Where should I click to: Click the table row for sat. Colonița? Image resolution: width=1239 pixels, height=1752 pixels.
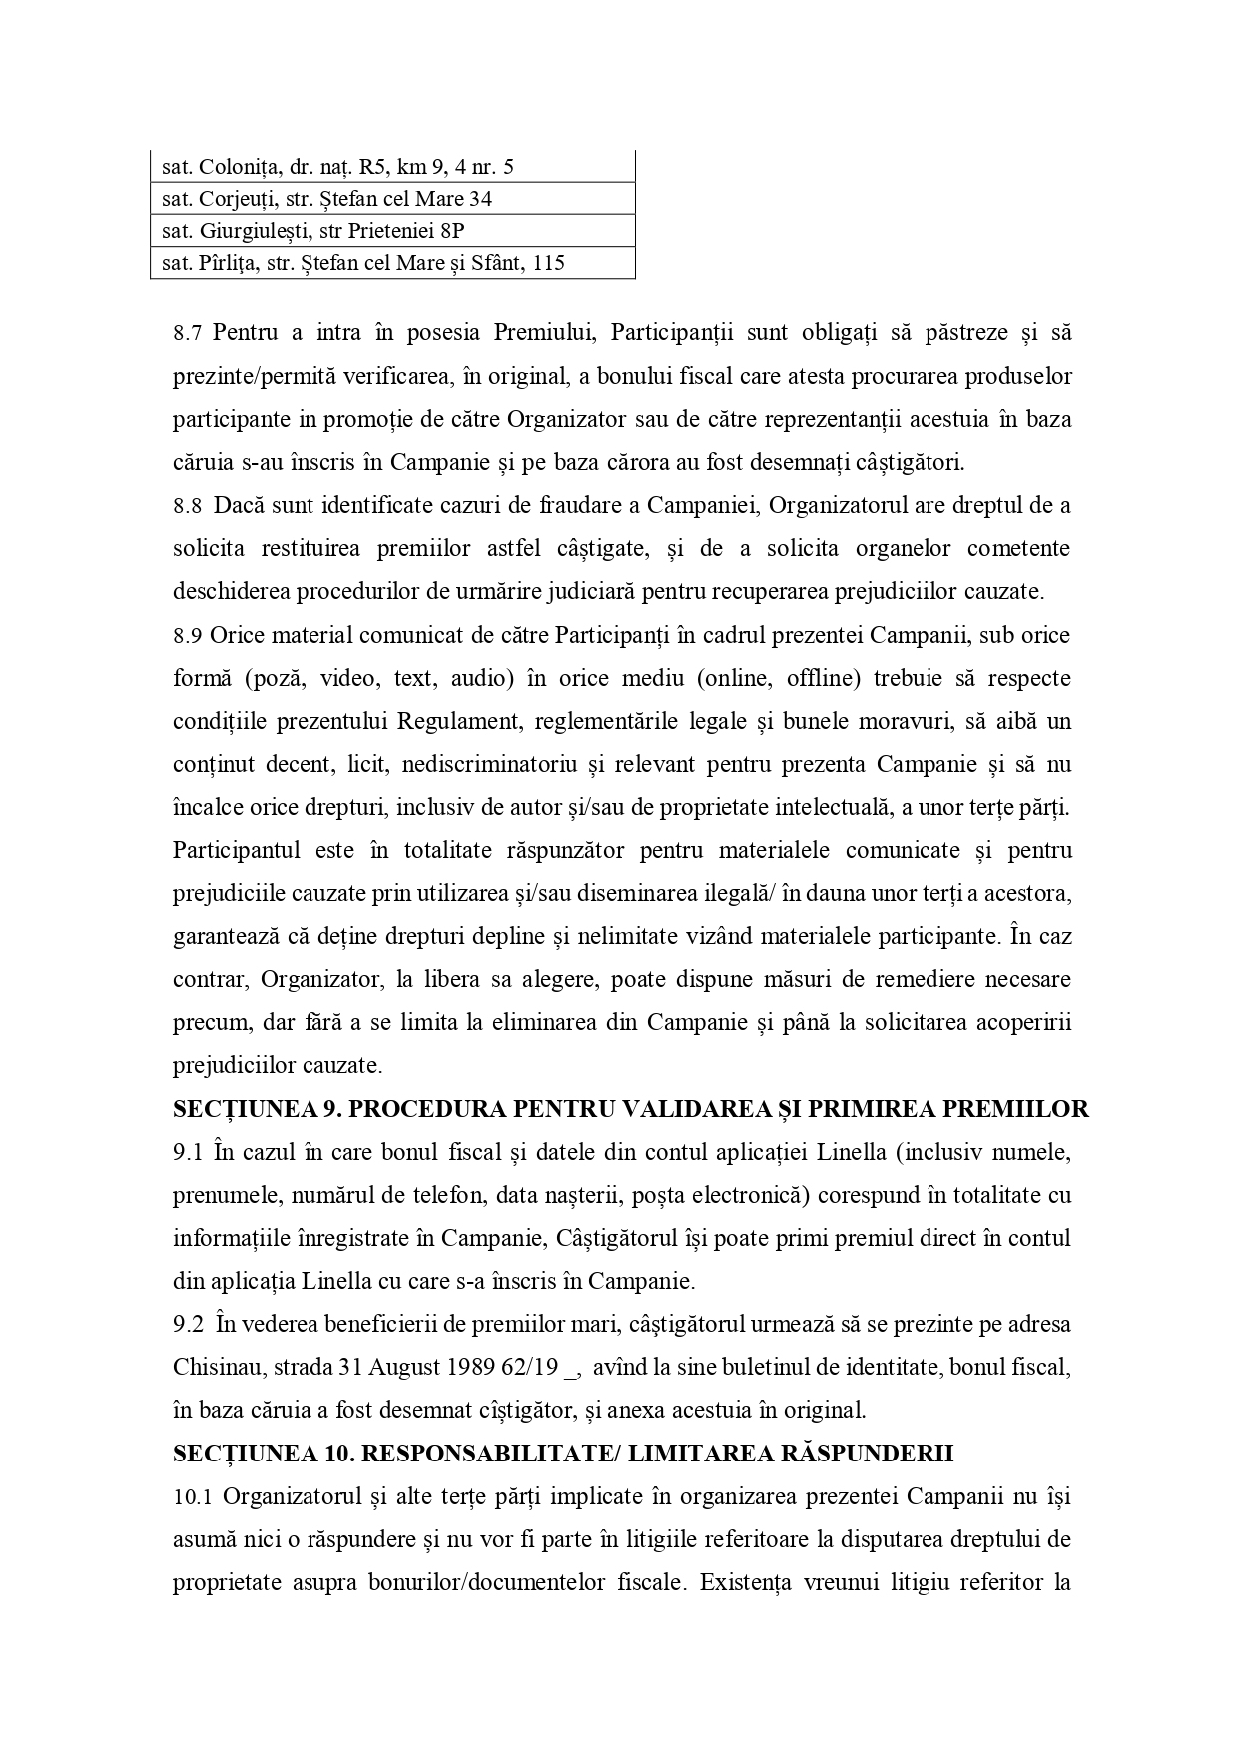coord(391,167)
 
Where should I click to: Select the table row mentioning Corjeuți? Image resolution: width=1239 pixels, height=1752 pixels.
coord(391,199)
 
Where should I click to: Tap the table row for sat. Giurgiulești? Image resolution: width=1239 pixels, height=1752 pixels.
coord(391,231)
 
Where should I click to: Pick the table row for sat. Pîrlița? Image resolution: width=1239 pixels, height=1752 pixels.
coord(391,263)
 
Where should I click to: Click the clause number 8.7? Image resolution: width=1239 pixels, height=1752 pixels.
coord(188,333)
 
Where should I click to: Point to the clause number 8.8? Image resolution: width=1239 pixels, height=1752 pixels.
coord(188,506)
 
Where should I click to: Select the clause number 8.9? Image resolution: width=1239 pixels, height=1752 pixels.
coord(188,636)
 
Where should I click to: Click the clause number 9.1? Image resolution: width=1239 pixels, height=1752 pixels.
coord(188,1153)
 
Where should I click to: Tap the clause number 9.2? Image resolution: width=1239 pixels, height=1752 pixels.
coord(188,1326)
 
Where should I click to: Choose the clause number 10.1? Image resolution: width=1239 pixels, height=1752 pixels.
coord(194,1497)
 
